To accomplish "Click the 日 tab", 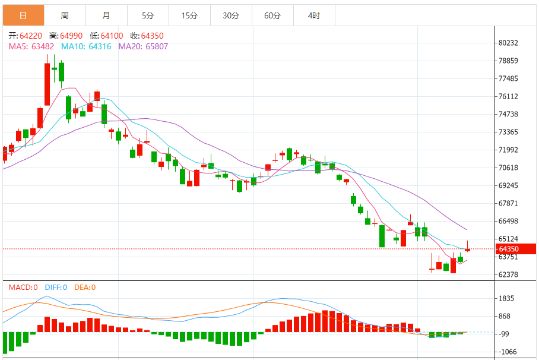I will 23,15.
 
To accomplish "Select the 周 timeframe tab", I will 65,15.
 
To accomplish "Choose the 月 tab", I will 106,15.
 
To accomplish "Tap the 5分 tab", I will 148,15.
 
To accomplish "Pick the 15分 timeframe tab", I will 189,15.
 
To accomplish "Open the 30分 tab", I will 231,15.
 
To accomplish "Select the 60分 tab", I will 272,15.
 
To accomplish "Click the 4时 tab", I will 314,15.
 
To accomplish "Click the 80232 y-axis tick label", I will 509,43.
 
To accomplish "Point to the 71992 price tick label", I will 509,150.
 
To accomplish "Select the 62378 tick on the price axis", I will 509,275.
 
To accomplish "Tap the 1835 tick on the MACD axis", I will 507,298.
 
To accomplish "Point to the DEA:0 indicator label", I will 85,288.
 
